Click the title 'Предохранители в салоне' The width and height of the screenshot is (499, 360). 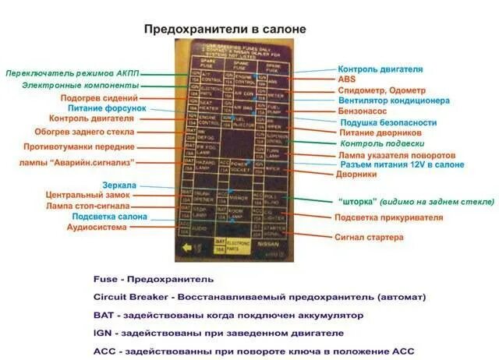[225, 29]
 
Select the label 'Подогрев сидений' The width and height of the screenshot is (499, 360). [101, 98]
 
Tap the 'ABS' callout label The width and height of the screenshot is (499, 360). [346, 79]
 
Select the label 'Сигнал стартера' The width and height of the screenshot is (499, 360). [370, 237]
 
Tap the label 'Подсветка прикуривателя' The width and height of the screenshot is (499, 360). [388, 217]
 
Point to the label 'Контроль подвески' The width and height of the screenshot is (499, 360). [383, 143]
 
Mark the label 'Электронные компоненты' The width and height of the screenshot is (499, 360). [81, 85]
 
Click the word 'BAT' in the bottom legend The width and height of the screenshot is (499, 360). [103, 316]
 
